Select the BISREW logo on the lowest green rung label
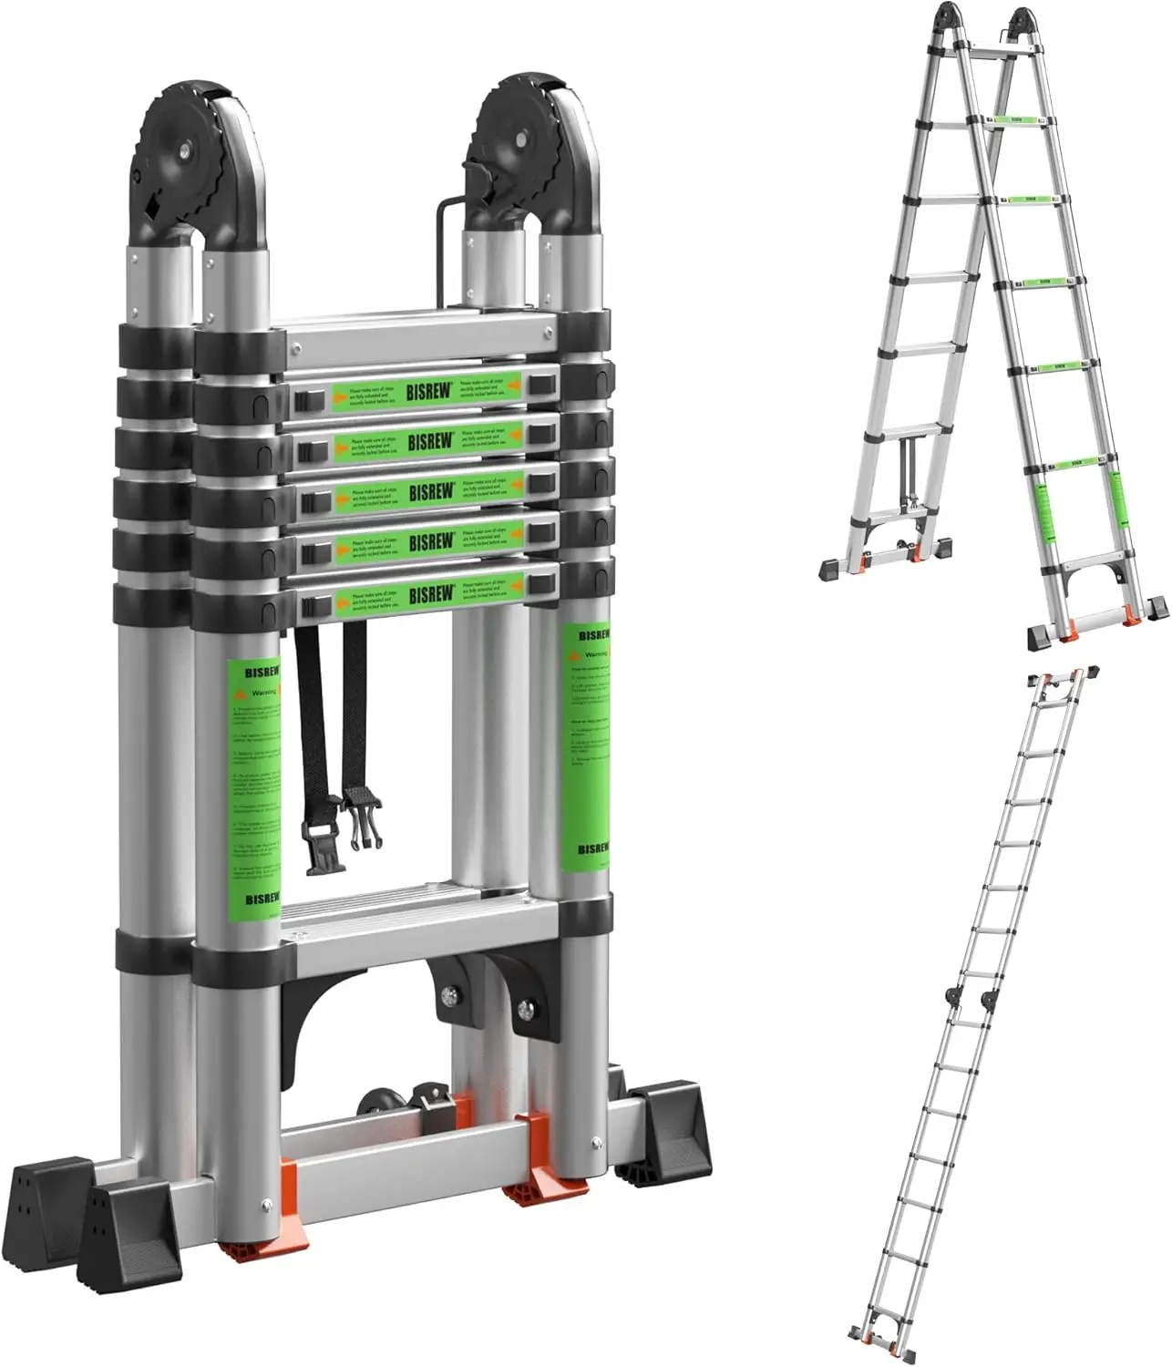click(x=431, y=595)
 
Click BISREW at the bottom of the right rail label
click(x=593, y=848)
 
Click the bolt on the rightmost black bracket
click(x=527, y=1009)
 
